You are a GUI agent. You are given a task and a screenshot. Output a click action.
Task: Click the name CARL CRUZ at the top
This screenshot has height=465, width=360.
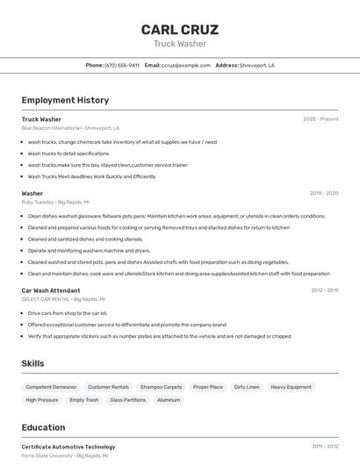(x=180, y=30)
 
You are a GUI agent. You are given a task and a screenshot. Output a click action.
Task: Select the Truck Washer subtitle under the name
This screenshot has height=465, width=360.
(x=180, y=44)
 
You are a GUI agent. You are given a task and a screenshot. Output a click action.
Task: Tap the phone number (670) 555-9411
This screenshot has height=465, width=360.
(x=122, y=65)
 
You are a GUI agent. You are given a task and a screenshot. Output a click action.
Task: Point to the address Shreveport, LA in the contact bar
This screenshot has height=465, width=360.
(x=257, y=65)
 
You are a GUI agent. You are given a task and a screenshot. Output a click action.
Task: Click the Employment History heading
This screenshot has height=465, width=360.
(x=65, y=100)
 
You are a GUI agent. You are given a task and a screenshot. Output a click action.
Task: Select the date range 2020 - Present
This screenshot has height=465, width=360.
(x=320, y=119)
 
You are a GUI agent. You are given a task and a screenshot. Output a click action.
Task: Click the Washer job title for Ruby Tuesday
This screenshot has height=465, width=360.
(x=32, y=193)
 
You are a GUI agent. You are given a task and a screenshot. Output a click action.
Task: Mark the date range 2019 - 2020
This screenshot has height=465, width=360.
(x=324, y=193)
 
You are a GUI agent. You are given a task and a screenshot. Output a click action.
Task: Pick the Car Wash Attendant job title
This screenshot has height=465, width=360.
(x=51, y=290)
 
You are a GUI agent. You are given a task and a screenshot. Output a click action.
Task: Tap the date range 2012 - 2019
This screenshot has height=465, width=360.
(x=324, y=290)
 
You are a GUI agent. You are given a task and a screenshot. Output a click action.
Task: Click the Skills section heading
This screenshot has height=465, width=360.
(x=32, y=363)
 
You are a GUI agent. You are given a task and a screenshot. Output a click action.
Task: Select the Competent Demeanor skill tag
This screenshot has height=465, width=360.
(x=51, y=387)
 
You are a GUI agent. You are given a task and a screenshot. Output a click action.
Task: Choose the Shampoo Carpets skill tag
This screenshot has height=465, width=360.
(x=161, y=387)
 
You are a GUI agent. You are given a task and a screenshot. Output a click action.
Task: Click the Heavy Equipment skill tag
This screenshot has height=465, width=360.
(x=291, y=387)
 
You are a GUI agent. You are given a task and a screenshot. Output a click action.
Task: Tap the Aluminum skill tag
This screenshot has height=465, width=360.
(x=169, y=400)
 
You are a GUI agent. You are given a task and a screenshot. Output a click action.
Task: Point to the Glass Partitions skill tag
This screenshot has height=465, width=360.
(x=127, y=400)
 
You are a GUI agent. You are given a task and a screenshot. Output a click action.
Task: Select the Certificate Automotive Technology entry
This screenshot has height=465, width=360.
(x=68, y=447)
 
